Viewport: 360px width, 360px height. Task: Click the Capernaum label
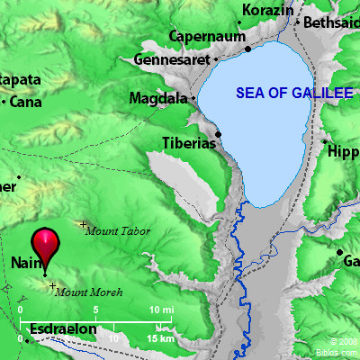coord(208,38)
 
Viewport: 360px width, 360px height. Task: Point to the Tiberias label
coord(186,143)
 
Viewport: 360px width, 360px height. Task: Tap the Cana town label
coord(28,102)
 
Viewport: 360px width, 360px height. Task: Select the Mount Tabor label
coord(118,231)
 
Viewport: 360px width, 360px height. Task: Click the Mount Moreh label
coord(88,292)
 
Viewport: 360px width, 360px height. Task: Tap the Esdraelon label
coord(63,329)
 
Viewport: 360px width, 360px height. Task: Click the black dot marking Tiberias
coord(218,134)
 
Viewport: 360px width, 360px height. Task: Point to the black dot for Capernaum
coord(247,48)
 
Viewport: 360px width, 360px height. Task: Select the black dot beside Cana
coord(6,102)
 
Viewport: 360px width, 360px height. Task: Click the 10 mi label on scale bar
coord(162,310)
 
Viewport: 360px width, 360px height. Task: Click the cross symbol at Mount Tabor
coord(84,224)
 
